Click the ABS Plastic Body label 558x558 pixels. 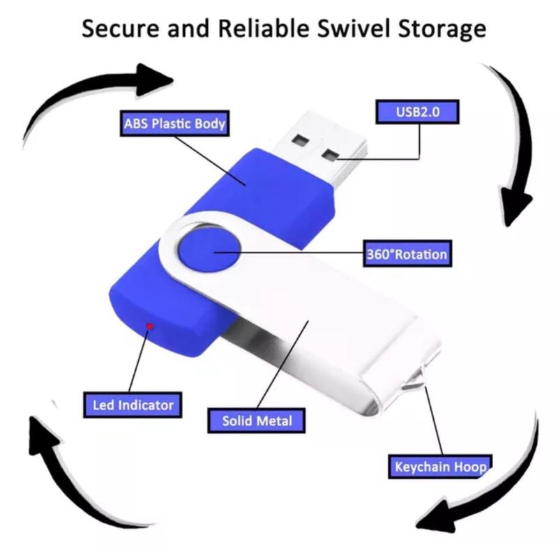tap(174, 125)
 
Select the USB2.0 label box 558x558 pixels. tap(418, 111)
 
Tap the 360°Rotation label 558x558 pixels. tap(407, 253)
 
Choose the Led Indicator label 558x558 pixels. tap(133, 404)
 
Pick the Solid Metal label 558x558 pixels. tap(257, 421)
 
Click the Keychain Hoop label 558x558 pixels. tap(439, 466)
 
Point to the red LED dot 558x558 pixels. tap(149, 325)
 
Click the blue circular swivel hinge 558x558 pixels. tap(209, 251)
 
